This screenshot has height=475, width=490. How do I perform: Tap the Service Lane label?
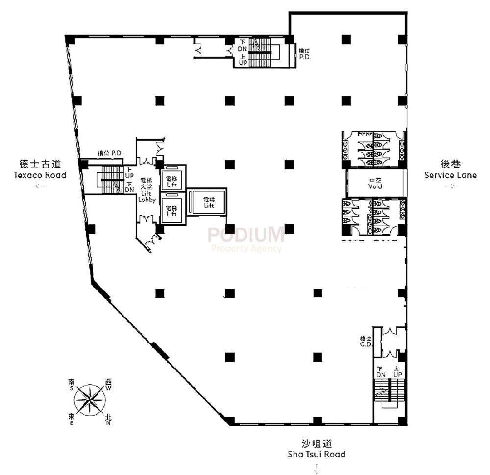pos(450,175)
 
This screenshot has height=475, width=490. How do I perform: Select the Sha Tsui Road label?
pos(317,454)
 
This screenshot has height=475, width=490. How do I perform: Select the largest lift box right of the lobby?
pos(209,202)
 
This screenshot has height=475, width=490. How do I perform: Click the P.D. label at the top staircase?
pos(305,57)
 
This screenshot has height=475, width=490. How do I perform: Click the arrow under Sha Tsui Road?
pos(317,469)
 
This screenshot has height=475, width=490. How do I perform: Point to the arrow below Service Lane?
pos(450,186)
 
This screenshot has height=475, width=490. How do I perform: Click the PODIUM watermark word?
pos(245,235)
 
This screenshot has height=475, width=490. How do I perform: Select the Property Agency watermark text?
pos(246,248)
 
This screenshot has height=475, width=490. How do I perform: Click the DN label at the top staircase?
pos(243,49)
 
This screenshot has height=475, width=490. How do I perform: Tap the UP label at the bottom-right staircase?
pos(397,374)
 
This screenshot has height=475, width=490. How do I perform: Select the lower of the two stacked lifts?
pos(172,211)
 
